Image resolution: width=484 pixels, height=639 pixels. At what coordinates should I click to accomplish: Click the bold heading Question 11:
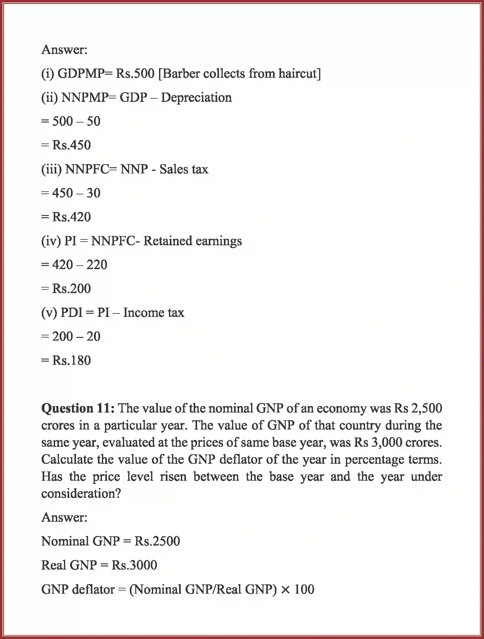tap(78, 409)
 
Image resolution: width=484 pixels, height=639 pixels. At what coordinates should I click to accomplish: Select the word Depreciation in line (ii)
tap(196, 98)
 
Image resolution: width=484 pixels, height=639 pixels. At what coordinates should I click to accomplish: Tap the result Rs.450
tap(71, 145)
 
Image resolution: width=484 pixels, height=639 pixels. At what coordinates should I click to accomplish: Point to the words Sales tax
tap(184, 169)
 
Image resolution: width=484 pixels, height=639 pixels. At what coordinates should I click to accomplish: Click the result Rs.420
tap(71, 217)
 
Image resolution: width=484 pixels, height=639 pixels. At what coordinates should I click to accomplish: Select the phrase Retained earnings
tap(193, 241)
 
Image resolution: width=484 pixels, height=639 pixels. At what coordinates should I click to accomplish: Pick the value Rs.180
tap(71, 360)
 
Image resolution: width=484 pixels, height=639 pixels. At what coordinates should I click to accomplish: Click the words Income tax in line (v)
tap(154, 313)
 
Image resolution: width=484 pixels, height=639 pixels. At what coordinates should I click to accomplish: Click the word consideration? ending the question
tap(81, 494)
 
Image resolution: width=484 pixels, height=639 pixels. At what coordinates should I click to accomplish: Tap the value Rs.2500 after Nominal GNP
tap(157, 541)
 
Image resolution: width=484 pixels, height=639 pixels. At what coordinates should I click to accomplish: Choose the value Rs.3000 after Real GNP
tap(134, 565)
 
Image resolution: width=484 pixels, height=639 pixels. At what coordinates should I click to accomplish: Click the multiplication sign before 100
tap(286, 590)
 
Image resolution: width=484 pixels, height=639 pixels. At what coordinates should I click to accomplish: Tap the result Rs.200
tap(71, 289)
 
